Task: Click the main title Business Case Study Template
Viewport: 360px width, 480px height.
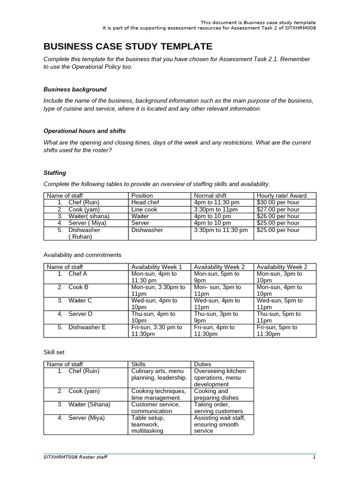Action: (127, 46)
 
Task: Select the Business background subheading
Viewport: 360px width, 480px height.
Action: (75, 89)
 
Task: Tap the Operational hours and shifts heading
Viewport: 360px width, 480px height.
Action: (84, 131)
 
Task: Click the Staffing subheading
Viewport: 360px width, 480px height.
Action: (55, 172)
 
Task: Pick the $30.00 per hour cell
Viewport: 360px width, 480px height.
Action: (278, 202)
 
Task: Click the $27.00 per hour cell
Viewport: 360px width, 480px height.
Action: (278, 210)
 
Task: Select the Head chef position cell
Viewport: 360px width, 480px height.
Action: (145, 202)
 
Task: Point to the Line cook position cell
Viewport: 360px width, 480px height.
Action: (145, 210)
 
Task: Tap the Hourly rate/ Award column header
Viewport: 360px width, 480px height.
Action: (281, 195)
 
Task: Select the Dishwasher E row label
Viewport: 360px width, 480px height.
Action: (87, 327)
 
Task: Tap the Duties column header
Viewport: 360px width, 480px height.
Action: (202, 364)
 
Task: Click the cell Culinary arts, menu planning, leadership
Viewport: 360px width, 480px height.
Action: (159, 374)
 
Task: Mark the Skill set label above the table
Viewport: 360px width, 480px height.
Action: (54, 351)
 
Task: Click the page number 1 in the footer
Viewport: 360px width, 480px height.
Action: (315, 457)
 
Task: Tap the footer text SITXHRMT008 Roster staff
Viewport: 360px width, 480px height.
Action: (75, 457)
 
